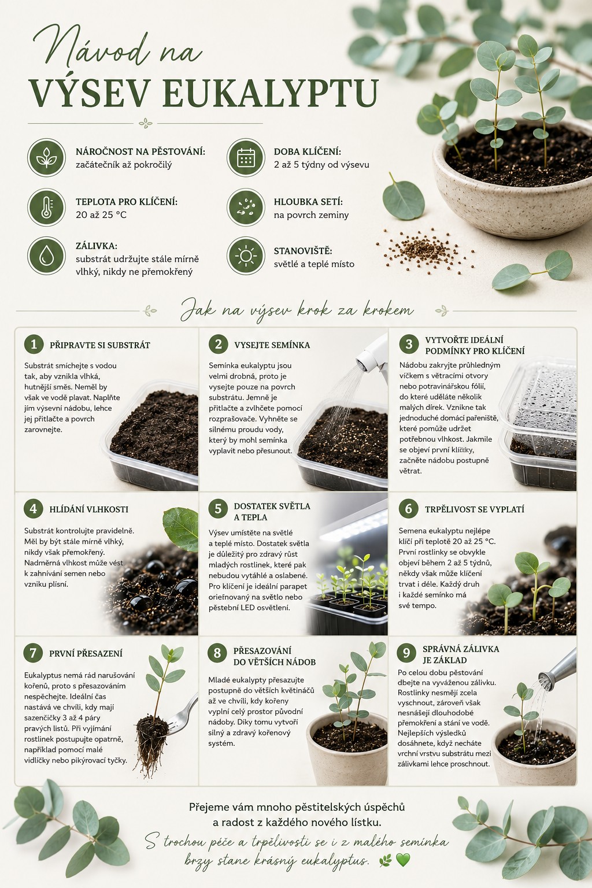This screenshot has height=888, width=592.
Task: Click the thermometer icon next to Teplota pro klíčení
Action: [x=46, y=208]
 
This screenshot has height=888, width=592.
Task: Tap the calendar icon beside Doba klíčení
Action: [x=246, y=157]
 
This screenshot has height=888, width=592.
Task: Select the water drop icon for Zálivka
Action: [x=46, y=256]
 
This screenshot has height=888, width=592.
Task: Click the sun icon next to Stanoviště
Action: [x=246, y=256]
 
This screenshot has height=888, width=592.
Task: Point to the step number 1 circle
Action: [x=34, y=344]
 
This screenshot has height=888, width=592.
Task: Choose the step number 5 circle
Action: [x=218, y=509]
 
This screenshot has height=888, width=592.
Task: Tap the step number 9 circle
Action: [x=406, y=653]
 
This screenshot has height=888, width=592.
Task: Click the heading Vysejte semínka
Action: [x=272, y=345]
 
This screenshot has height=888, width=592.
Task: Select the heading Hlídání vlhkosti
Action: [x=89, y=509]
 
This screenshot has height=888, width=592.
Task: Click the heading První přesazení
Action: [x=86, y=654]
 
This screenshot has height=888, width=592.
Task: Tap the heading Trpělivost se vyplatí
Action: [x=475, y=509]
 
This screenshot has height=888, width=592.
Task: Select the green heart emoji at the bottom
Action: [x=403, y=860]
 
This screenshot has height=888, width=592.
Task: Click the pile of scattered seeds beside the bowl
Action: [x=425, y=248]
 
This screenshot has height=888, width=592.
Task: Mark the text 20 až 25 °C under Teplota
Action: [x=102, y=215]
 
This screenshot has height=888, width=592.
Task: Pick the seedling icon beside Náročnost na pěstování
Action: [x=46, y=157]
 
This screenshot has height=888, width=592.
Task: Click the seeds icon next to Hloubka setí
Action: [x=246, y=208]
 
